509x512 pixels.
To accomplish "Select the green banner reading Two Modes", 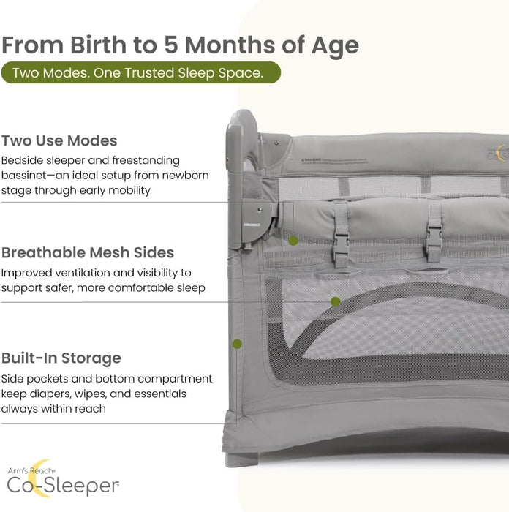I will click(140, 73).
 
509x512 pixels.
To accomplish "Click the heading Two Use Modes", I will click(59, 140).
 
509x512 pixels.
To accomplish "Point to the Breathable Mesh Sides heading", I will click(88, 253).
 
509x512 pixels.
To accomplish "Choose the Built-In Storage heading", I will click(61, 358).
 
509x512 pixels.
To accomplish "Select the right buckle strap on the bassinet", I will click(434, 233).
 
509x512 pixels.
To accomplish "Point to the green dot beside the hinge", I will click(293, 240).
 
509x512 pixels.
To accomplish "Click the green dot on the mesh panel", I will click(335, 301).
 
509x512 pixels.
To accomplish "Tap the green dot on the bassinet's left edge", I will click(236, 343).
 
